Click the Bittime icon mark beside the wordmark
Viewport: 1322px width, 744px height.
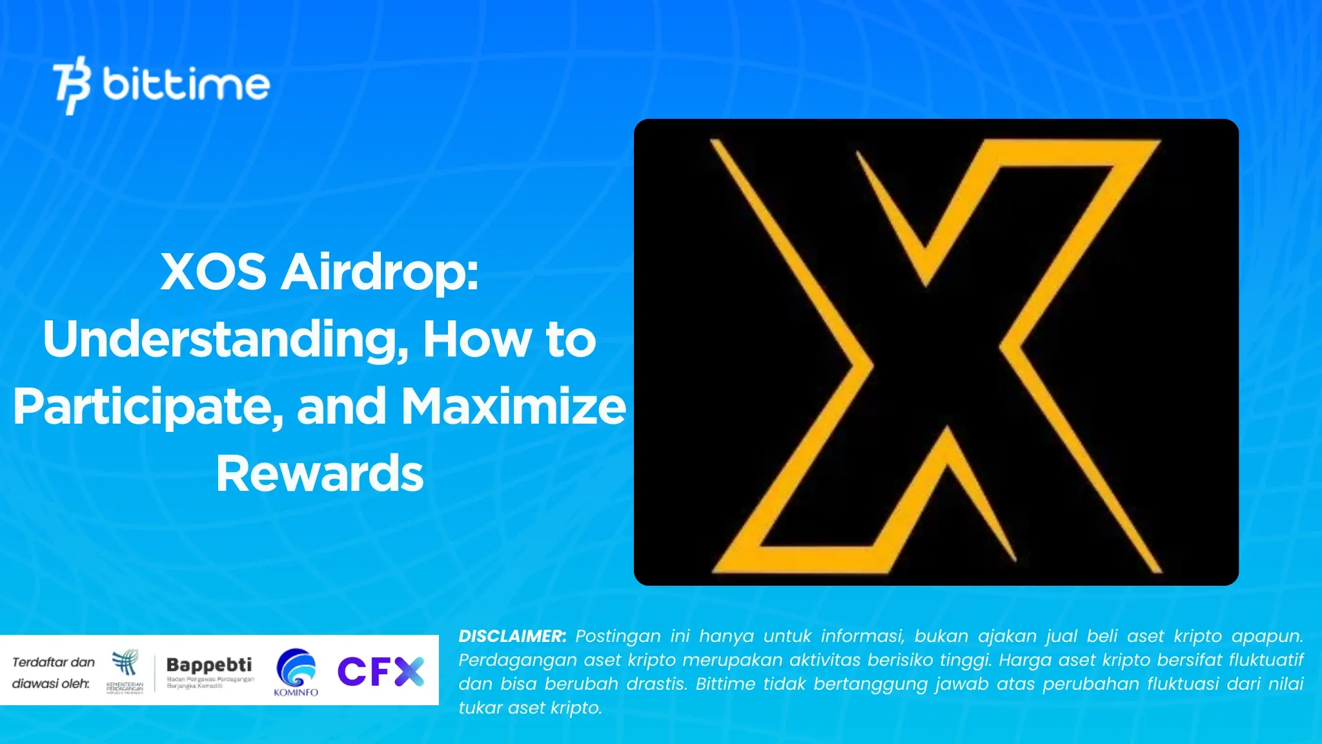(72, 85)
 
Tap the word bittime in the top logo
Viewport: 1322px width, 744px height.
(186, 85)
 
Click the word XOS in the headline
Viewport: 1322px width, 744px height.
(213, 272)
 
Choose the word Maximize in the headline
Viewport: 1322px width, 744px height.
(514, 407)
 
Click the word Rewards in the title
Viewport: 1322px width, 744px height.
(320, 473)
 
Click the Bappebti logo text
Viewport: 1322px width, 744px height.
(209, 665)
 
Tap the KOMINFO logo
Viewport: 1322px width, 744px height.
(296, 672)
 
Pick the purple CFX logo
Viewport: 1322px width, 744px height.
(381, 672)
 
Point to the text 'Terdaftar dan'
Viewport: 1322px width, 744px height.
(54, 662)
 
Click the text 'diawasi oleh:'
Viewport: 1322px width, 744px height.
(51, 683)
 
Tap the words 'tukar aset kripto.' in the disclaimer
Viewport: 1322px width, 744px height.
(530, 708)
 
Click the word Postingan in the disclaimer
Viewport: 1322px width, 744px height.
(618, 636)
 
